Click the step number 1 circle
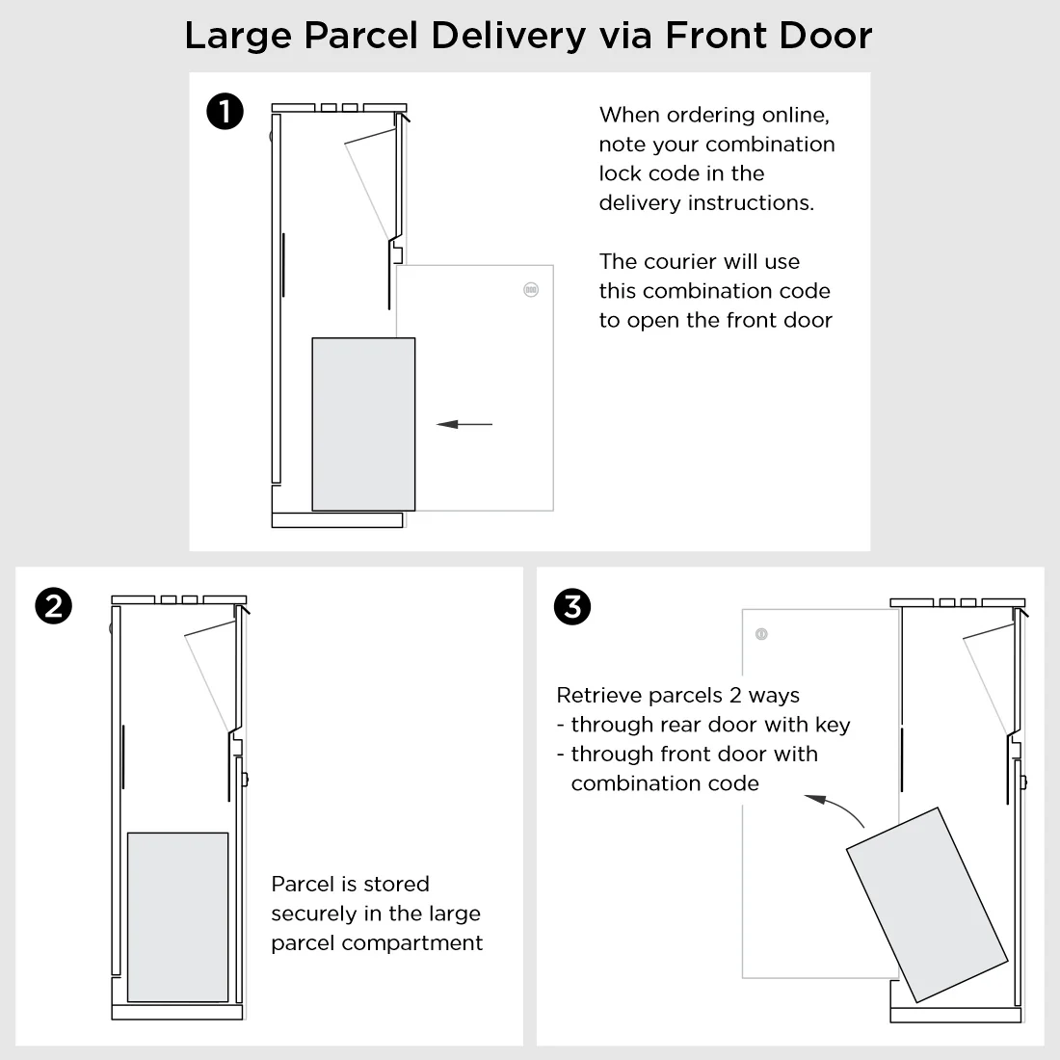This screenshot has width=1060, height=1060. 225,113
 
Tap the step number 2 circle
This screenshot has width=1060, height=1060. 53,606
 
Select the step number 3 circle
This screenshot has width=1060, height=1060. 573,606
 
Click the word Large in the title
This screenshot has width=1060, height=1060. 237,37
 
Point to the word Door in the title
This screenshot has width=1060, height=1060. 827,37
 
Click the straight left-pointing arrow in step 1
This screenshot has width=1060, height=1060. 464,424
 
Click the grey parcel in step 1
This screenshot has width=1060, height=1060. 363,424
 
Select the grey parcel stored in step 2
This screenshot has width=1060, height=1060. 178,916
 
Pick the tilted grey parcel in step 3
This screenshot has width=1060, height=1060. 927,904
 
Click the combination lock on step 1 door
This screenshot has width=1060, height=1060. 530,289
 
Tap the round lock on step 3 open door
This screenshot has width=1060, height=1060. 761,634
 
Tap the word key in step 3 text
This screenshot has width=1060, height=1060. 832,726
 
